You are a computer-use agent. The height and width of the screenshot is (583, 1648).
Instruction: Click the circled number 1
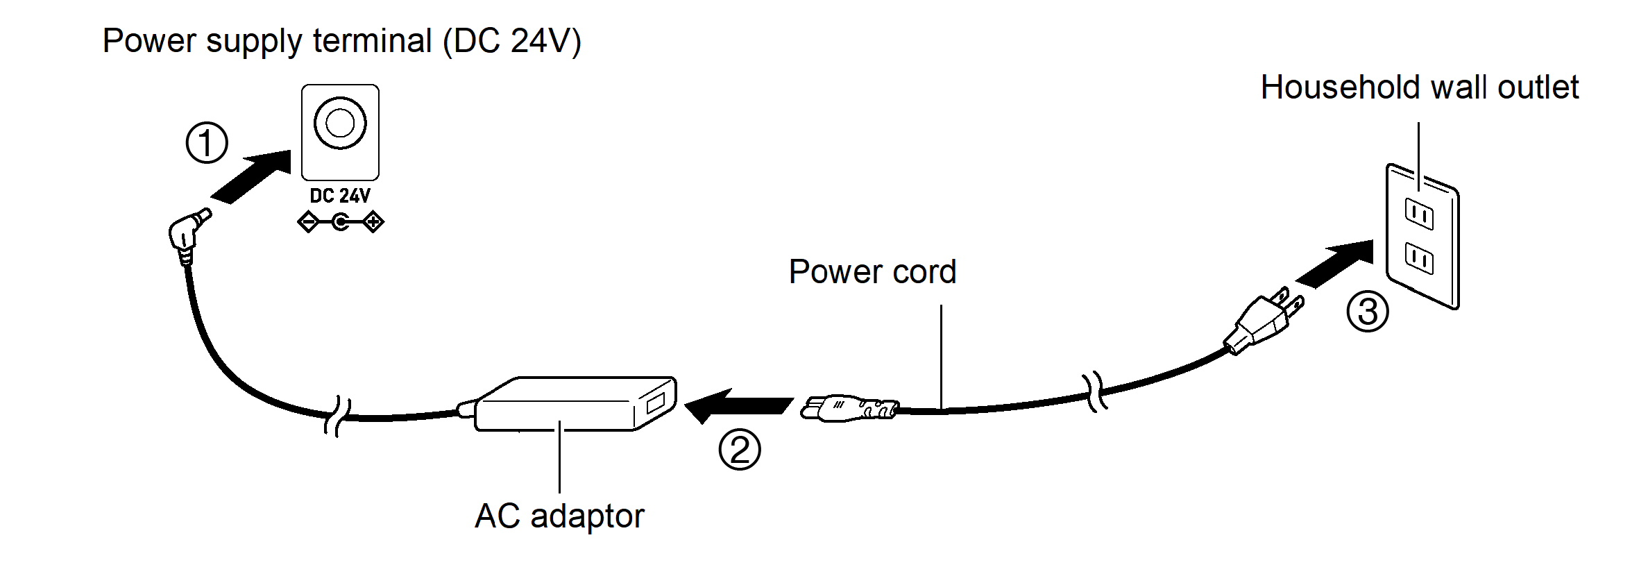[x=207, y=143]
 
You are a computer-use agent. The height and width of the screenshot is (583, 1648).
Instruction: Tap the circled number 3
[x=1367, y=312]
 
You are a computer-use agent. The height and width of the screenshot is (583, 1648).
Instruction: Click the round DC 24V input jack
[x=340, y=124]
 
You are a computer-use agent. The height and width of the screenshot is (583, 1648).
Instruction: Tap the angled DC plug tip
[x=187, y=233]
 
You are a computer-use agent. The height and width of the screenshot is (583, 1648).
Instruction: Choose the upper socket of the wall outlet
[x=1418, y=214]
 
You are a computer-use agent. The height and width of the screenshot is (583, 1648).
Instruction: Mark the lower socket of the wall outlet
[x=1418, y=258]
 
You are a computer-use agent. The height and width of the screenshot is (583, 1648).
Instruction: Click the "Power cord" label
[x=872, y=271]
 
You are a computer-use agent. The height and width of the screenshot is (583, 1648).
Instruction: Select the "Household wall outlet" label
[x=1419, y=88]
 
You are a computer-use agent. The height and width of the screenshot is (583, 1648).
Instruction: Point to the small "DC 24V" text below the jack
[x=340, y=196]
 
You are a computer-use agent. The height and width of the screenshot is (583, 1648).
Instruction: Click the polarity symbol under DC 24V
[x=340, y=223]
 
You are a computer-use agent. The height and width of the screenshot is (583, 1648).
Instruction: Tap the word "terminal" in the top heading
[x=372, y=40]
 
